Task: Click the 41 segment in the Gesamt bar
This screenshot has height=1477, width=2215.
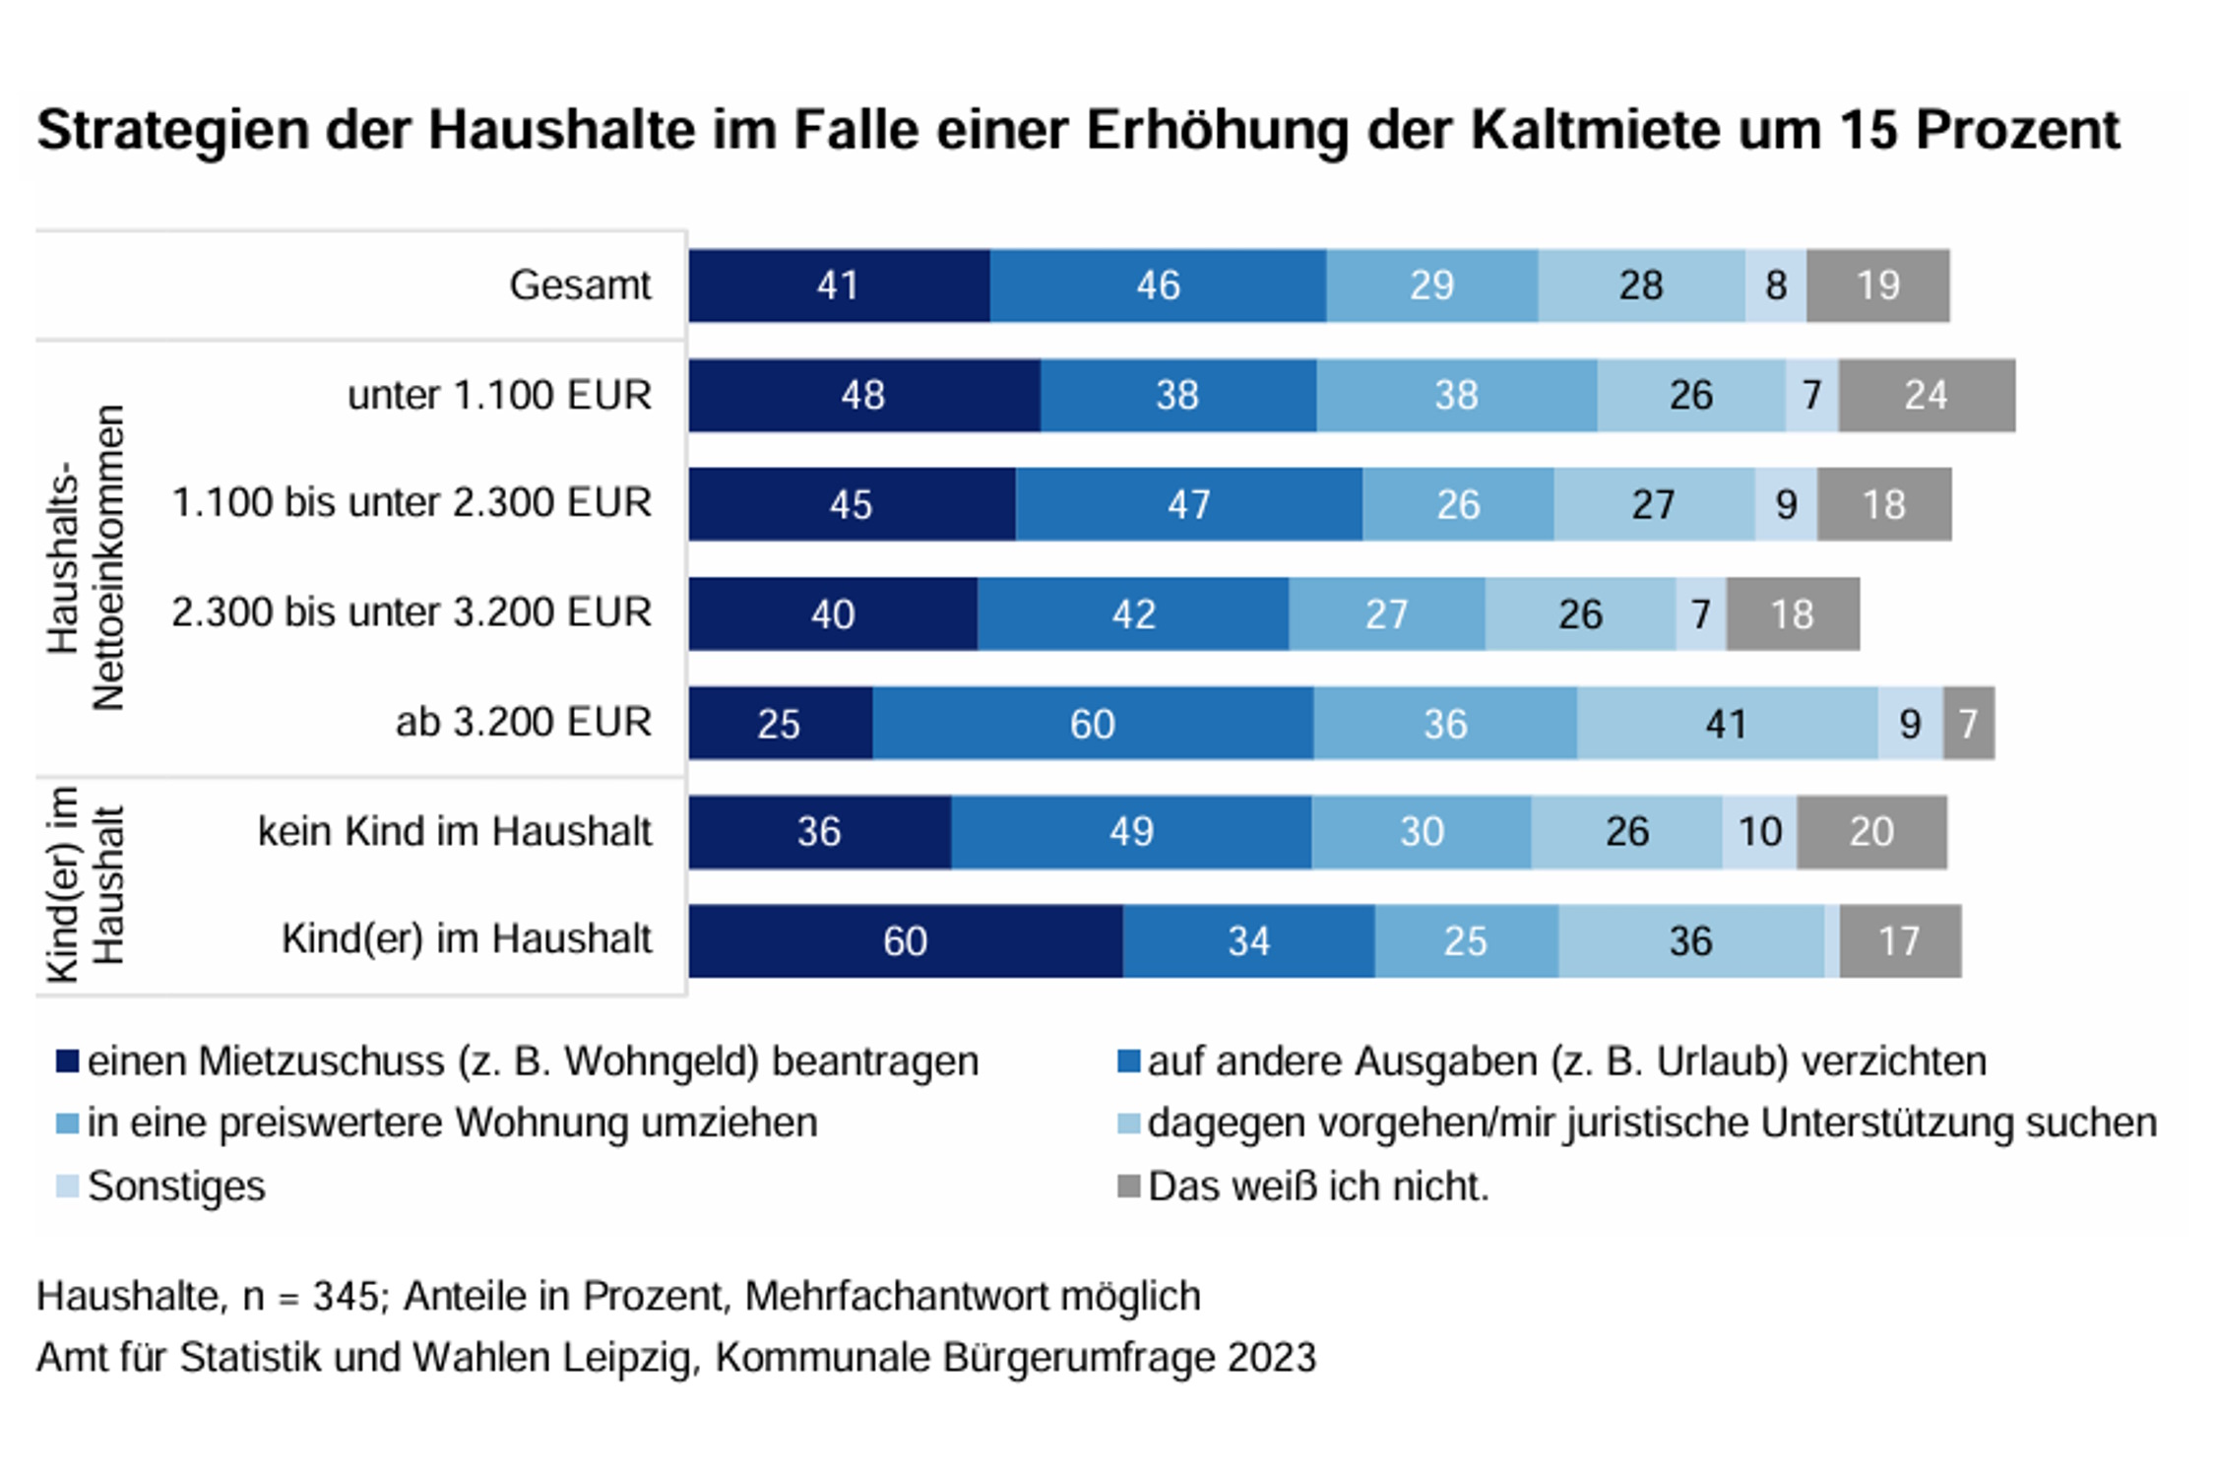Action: tap(839, 286)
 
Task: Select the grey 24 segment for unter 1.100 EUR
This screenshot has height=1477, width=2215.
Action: tap(1926, 395)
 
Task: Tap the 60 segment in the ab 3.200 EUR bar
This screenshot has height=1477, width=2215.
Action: tap(1092, 724)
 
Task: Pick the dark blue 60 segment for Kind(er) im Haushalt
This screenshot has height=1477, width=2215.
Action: tap(905, 941)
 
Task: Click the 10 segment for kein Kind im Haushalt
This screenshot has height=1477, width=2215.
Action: tap(1759, 832)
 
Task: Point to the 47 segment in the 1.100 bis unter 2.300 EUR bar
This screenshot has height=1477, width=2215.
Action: tap(1188, 504)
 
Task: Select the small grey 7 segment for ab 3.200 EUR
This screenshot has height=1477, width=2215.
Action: tap(1968, 724)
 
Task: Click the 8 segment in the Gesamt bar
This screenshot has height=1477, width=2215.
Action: tap(1775, 286)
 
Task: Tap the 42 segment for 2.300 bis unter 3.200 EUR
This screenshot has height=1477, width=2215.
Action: tap(1132, 614)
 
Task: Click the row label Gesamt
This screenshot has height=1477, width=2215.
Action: tap(580, 286)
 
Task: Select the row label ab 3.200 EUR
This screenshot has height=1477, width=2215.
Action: tap(523, 722)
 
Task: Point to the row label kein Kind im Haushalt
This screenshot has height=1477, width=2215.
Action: tap(454, 831)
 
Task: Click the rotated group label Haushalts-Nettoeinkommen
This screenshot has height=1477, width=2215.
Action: tap(86, 557)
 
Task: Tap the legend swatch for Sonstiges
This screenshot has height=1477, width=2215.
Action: tap(67, 1186)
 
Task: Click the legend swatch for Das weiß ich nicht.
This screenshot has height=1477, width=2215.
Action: tap(1128, 1186)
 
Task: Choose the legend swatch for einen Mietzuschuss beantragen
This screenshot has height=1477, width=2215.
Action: tap(67, 1061)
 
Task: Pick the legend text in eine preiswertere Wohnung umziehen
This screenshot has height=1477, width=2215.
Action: tap(452, 1124)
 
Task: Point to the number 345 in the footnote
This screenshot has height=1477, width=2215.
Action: tap(345, 1297)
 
